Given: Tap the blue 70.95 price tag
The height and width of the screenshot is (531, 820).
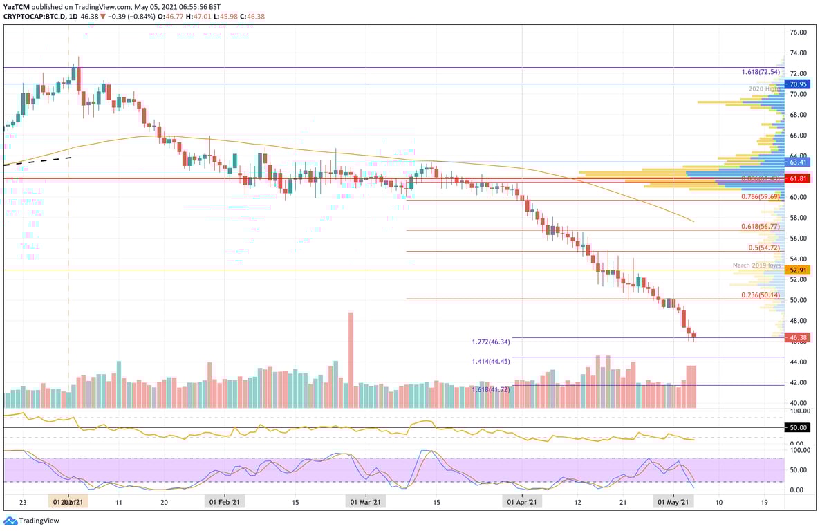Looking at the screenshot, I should click(798, 84).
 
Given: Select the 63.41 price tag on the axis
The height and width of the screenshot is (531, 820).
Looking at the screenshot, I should click(798, 162).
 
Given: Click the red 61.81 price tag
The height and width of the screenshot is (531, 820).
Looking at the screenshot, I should click(798, 178).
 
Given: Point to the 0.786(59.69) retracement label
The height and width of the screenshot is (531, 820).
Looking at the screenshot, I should click(760, 196).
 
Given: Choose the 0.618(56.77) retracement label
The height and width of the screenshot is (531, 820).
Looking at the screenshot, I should click(760, 226).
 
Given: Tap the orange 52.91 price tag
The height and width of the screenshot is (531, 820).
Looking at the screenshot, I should click(798, 270).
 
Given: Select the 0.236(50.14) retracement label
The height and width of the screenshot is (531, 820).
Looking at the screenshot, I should click(760, 295).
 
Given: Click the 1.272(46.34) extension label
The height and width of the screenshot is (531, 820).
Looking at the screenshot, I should click(490, 342).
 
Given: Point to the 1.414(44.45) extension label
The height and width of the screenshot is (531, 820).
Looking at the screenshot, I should click(490, 362).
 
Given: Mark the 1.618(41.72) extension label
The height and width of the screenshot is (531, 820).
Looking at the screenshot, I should click(490, 390).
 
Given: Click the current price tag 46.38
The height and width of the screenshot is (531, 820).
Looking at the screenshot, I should click(798, 337).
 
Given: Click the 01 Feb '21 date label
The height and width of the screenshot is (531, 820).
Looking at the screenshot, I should click(225, 503).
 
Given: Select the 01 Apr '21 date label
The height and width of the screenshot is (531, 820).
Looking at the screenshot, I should click(522, 503).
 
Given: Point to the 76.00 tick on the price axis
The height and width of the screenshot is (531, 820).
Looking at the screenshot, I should click(798, 32).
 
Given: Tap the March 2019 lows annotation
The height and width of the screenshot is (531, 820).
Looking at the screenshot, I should click(756, 265).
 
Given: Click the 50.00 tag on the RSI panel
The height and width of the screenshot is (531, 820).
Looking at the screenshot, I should click(798, 428).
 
